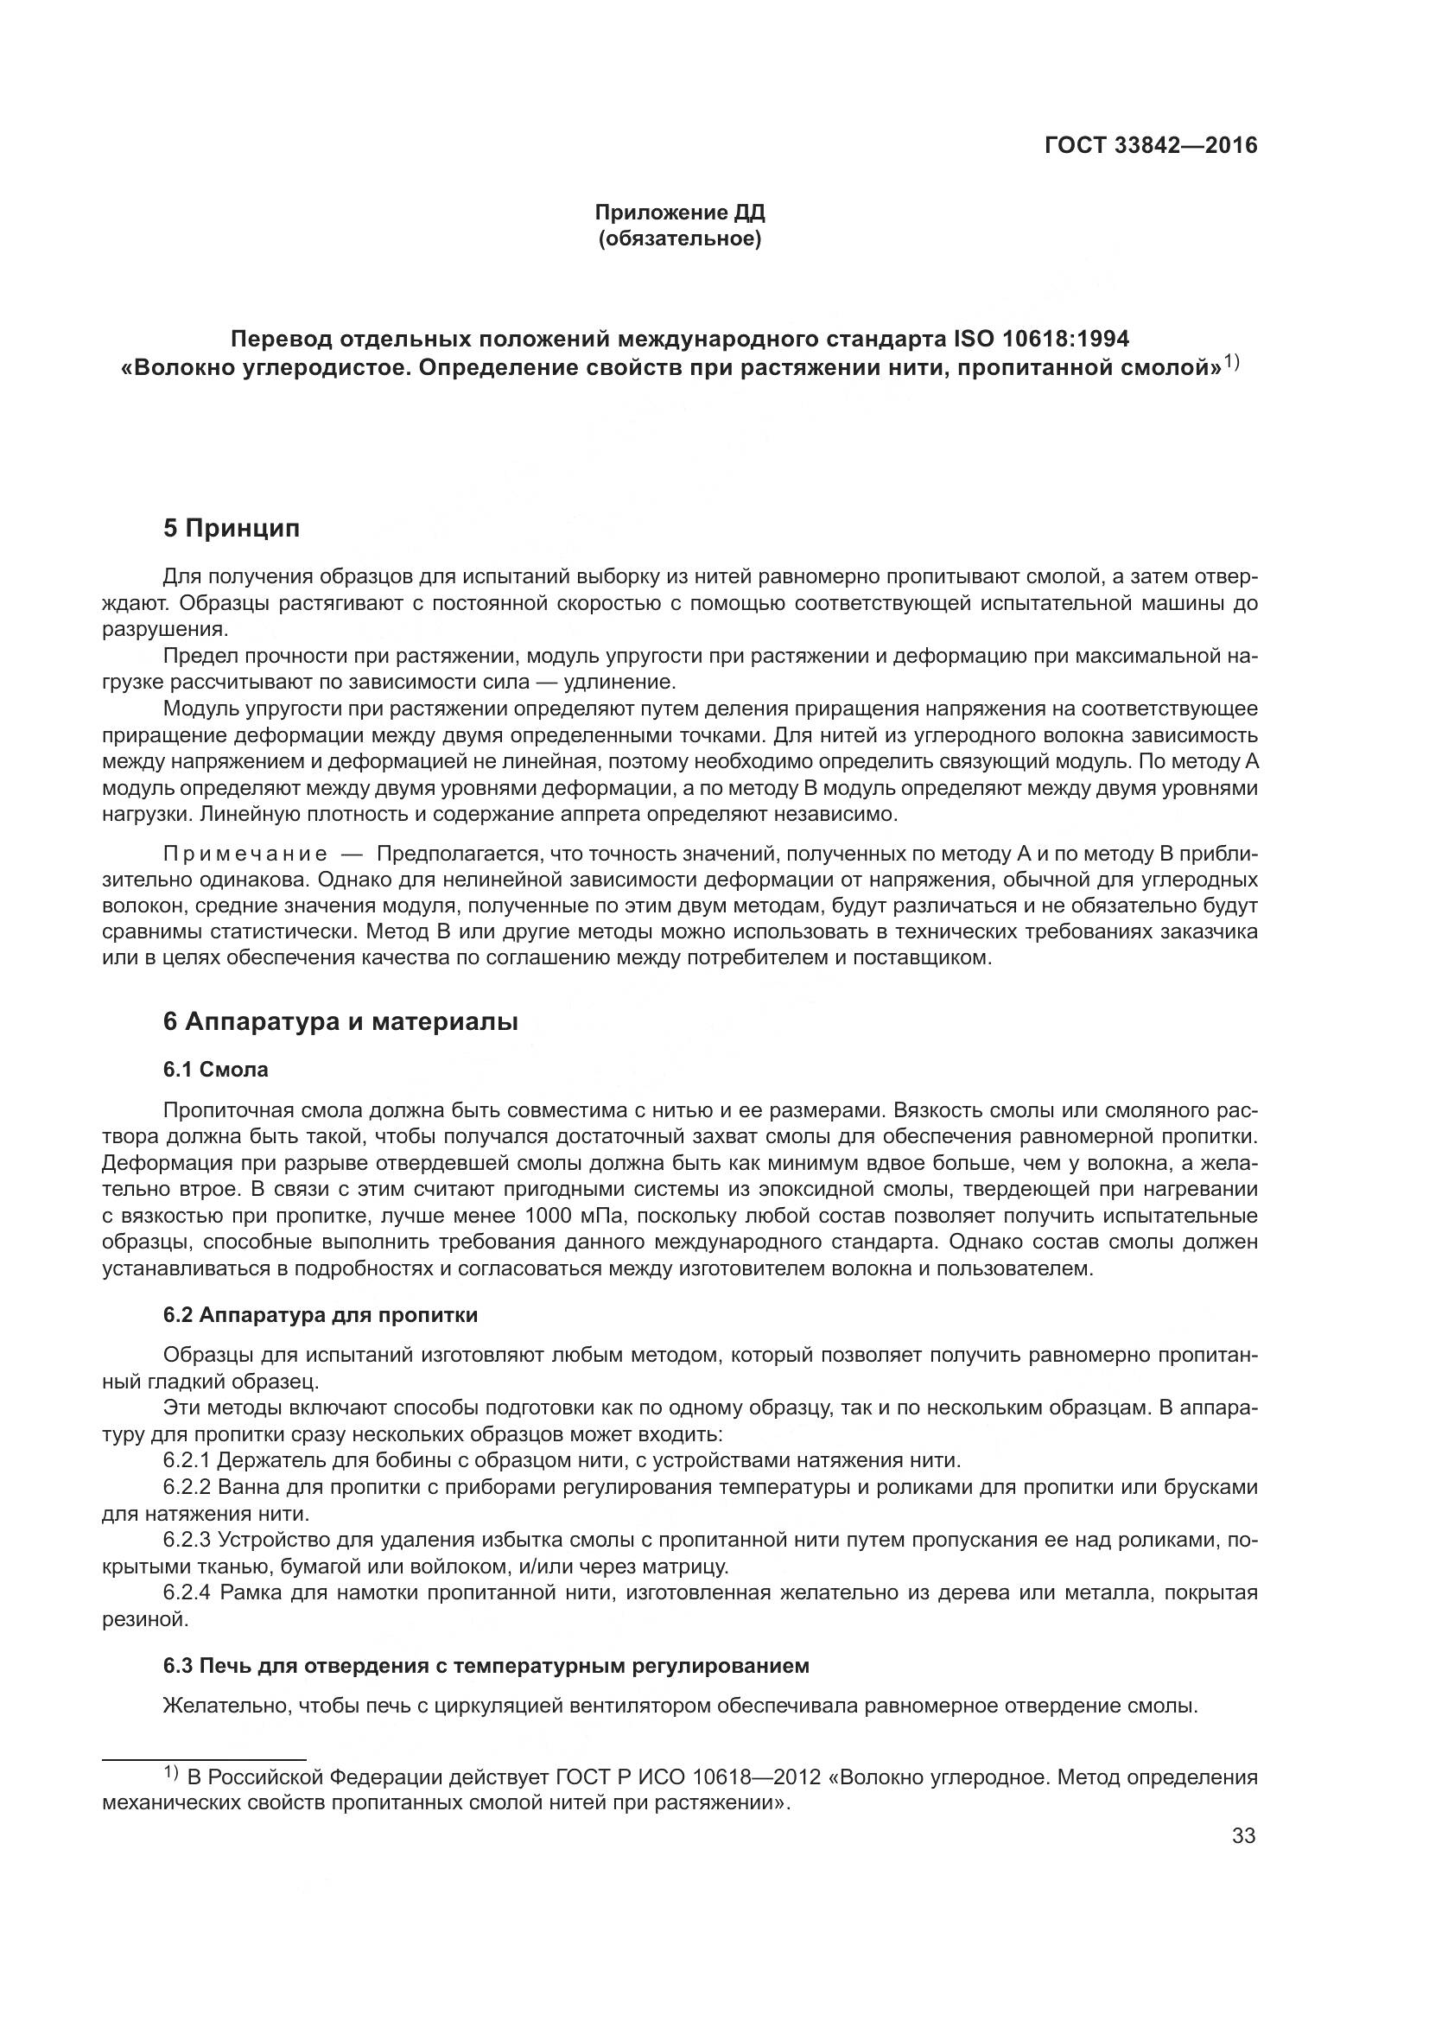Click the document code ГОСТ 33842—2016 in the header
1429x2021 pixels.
click(x=1150, y=146)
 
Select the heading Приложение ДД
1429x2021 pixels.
click(x=679, y=213)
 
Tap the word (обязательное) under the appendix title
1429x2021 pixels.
click(x=679, y=238)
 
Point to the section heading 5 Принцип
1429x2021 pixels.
click(x=232, y=528)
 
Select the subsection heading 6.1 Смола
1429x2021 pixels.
click(x=216, y=1070)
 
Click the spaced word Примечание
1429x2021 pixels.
click(x=245, y=854)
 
